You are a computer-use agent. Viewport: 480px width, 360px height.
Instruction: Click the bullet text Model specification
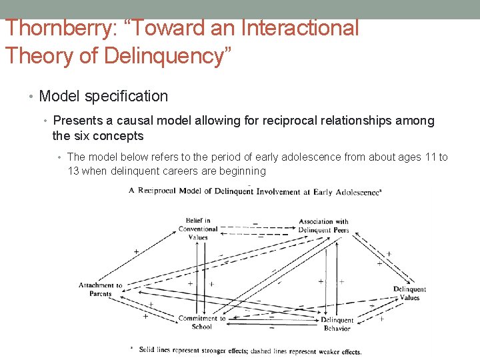(x=103, y=96)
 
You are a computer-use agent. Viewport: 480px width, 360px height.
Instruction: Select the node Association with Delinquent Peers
(x=324, y=225)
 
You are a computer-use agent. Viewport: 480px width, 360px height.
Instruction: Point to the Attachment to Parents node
(x=101, y=289)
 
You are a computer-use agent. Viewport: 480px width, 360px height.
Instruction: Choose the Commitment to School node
(x=202, y=323)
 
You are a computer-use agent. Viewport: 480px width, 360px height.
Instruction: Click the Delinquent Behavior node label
(x=337, y=324)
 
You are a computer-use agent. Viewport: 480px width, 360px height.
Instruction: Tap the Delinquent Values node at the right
(x=409, y=293)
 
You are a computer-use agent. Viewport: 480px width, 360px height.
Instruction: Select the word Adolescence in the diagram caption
(x=355, y=192)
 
